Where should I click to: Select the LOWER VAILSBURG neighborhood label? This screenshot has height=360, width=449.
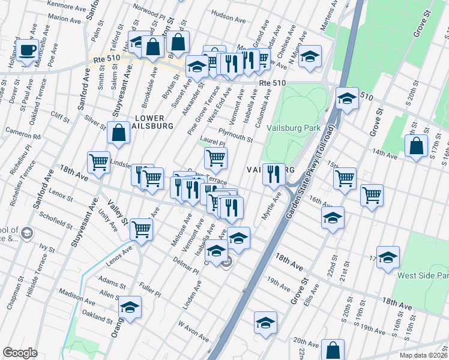(x=154, y=122)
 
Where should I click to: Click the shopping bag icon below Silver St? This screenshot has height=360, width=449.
(x=119, y=133)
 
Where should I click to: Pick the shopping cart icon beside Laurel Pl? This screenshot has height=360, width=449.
(x=215, y=158)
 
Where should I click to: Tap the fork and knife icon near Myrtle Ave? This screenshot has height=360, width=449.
(x=274, y=174)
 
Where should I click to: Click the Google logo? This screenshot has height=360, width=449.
(x=20, y=352)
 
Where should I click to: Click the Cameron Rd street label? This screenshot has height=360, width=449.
(x=23, y=133)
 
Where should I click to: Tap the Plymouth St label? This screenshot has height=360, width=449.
(x=235, y=135)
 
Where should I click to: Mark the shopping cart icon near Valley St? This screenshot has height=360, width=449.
(x=142, y=229)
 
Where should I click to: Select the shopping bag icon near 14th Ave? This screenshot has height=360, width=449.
(x=416, y=146)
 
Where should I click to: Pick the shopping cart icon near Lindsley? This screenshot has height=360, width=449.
(x=99, y=161)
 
